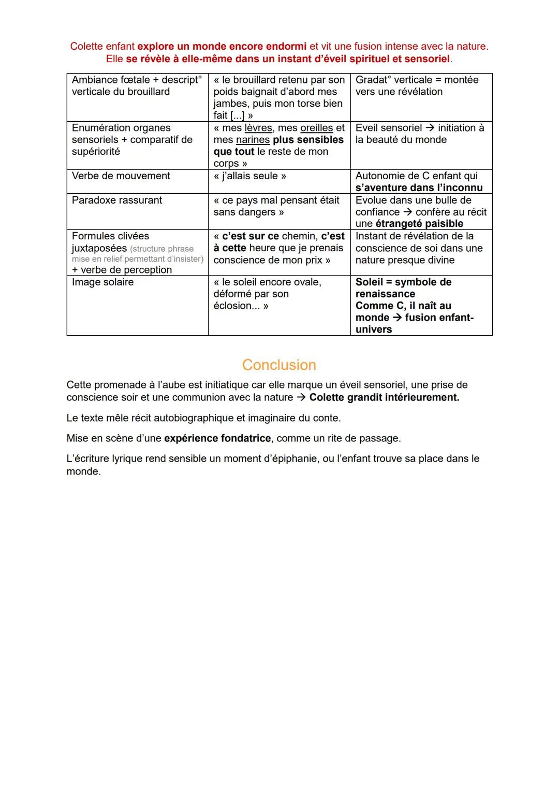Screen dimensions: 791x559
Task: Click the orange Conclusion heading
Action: point(279,365)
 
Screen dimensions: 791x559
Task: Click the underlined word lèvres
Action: point(258,128)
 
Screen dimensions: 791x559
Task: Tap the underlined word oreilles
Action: point(316,128)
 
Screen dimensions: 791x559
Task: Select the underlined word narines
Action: point(253,140)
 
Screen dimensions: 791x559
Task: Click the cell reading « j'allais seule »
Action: point(249,176)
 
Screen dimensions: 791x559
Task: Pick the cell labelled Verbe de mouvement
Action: point(121,176)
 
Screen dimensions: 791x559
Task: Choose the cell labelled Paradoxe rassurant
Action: point(117,200)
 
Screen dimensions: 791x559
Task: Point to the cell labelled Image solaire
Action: point(102,282)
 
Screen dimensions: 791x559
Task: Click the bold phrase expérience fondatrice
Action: point(217,439)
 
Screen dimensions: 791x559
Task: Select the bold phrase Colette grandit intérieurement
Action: point(384,398)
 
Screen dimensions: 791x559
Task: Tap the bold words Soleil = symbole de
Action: point(403,282)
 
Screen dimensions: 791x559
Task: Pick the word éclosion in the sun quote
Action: point(232,306)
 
